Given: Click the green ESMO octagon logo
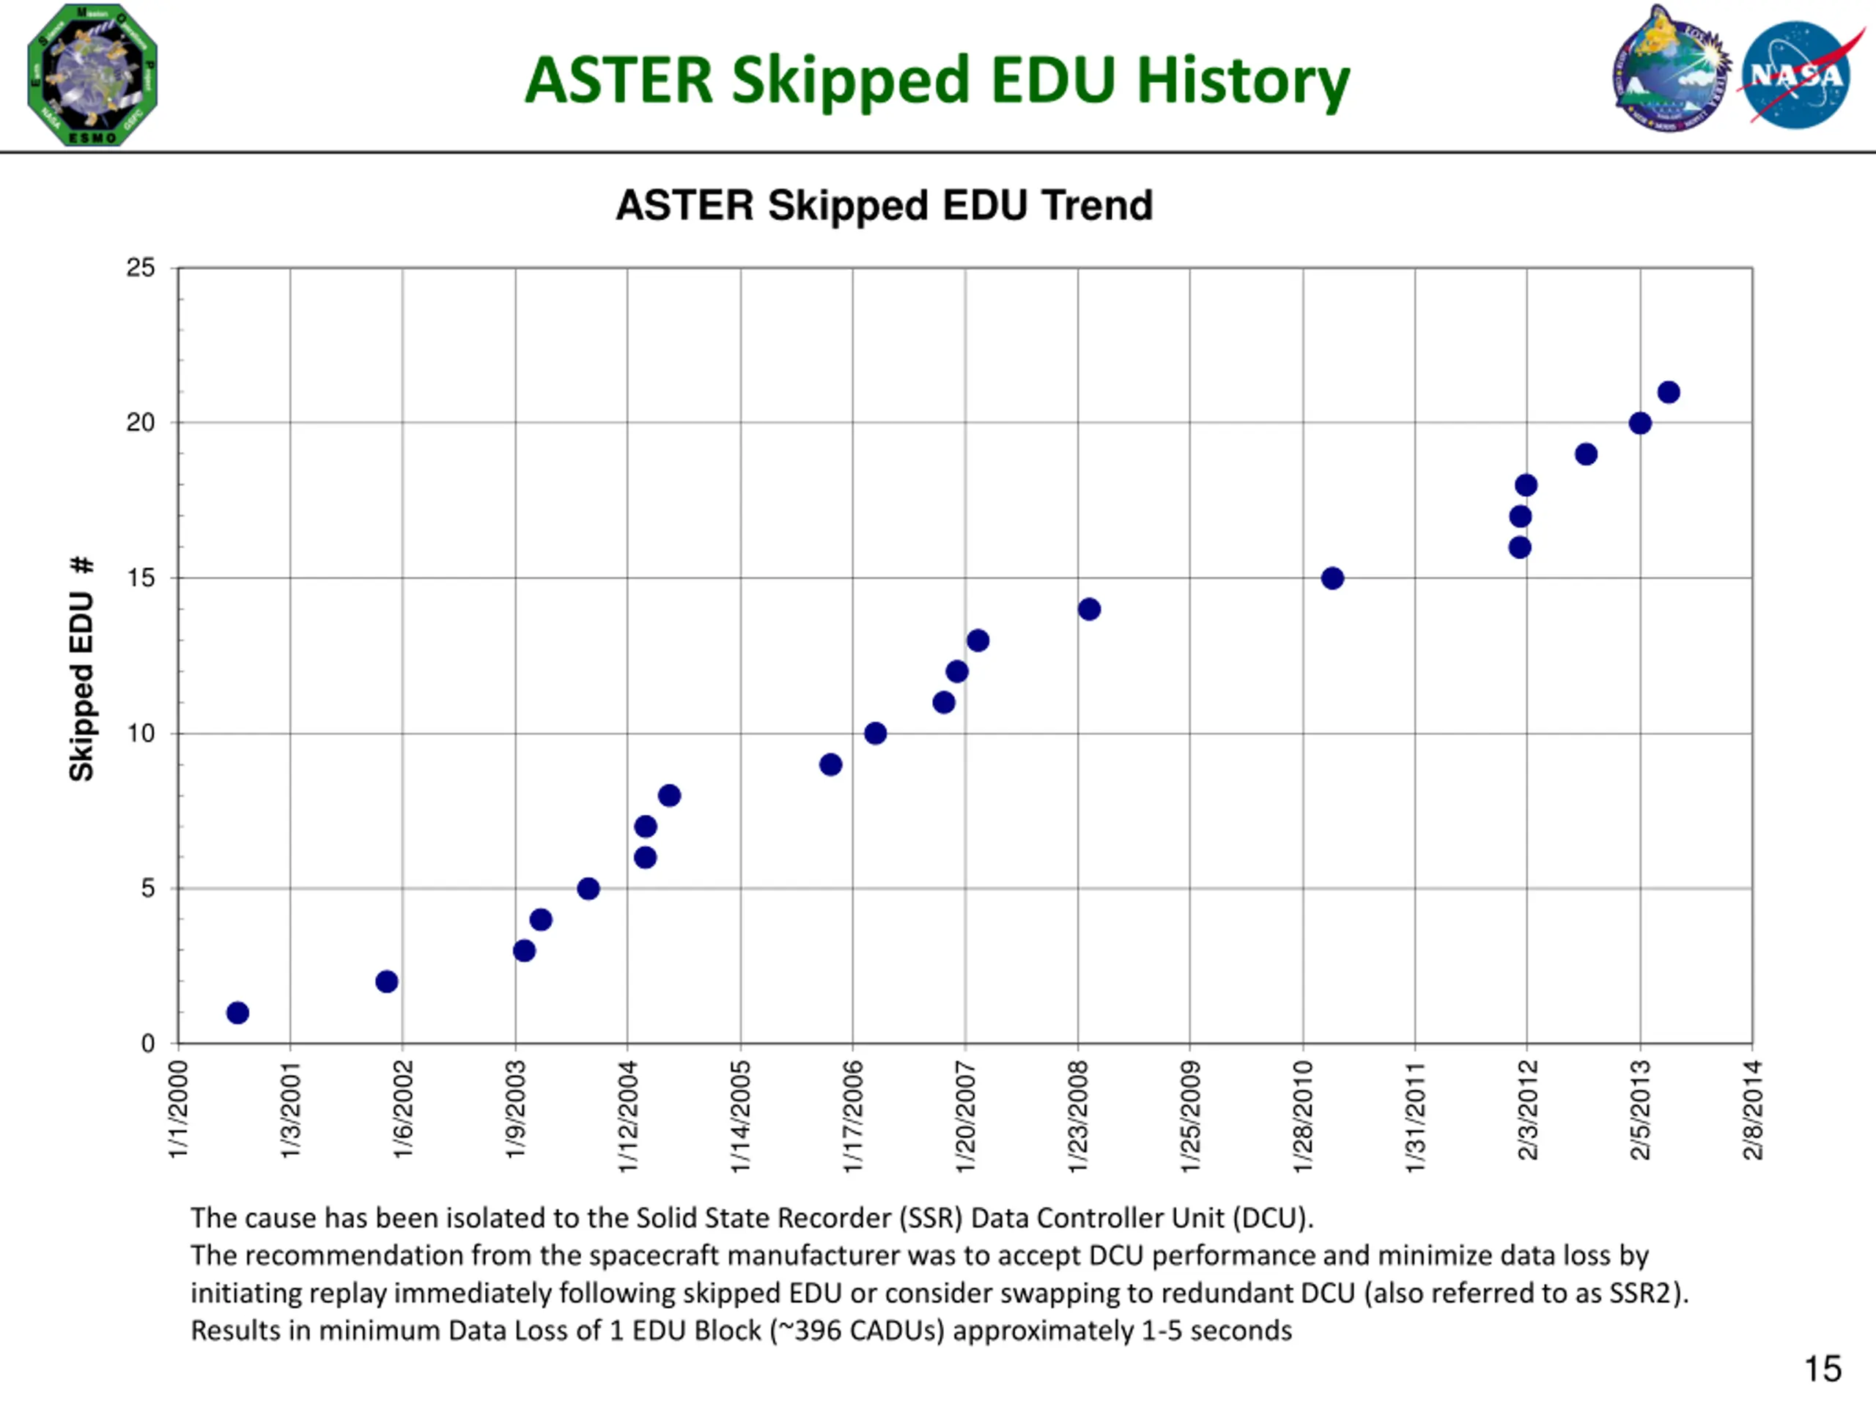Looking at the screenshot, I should [92, 75].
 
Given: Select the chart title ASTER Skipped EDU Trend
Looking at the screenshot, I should [884, 205].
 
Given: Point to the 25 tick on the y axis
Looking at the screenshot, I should [141, 268].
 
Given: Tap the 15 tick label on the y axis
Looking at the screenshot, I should [141, 578].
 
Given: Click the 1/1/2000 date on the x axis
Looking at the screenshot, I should [178, 1109].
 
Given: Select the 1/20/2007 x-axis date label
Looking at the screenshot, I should [965, 1116].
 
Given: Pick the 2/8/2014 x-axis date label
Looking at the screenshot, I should [1752, 1109].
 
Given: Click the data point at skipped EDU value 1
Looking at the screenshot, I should [237, 1013].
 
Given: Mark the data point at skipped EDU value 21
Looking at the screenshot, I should [1668, 392].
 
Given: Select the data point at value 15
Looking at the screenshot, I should [1332, 578].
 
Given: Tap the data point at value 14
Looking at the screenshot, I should [1089, 609].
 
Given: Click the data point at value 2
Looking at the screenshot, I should [387, 981].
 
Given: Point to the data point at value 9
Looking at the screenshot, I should [830, 764].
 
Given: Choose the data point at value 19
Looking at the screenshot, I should [1586, 454].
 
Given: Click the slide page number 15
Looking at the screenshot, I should [1822, 1368].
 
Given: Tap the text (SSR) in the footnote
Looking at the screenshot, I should [931, 1217].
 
